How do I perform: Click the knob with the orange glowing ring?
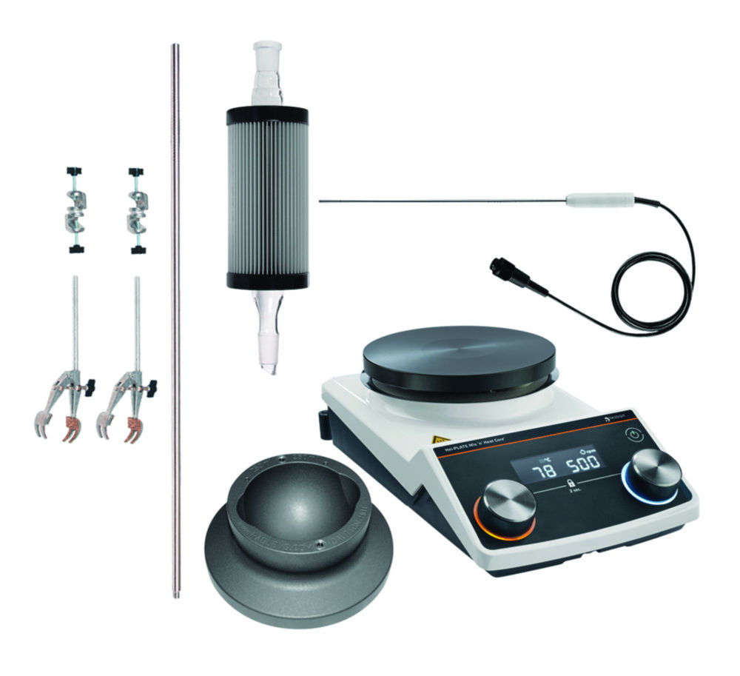click(508, 505)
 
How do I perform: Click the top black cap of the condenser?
click(267, 115)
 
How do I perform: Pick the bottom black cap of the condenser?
click(267, 281)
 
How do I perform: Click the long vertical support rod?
click(176, 318)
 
